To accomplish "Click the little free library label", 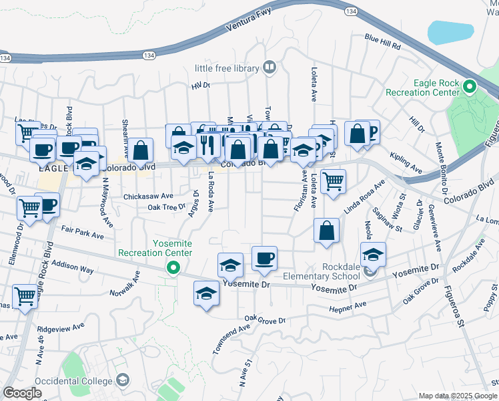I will (x=226, y=68).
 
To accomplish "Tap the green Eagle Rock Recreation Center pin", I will (x=469, y=87).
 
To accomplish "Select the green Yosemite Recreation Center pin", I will (x=173, y=269).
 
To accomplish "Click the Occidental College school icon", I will (x=122, y=380).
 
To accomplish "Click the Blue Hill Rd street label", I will (x=382, y=42).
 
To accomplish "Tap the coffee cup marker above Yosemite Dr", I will (x=265, y=258).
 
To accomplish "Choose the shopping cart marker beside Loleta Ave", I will (x=333, y=180).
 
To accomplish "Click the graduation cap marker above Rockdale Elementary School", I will (x=373, y=254).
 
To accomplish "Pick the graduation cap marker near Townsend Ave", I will (x=207, y=293).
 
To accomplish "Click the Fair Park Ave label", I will (x=83, y=235).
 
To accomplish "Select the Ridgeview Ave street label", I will (x=61, y=328).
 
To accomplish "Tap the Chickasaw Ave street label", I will (x=147, y=196).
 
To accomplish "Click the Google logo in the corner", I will (x=22, y=393).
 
